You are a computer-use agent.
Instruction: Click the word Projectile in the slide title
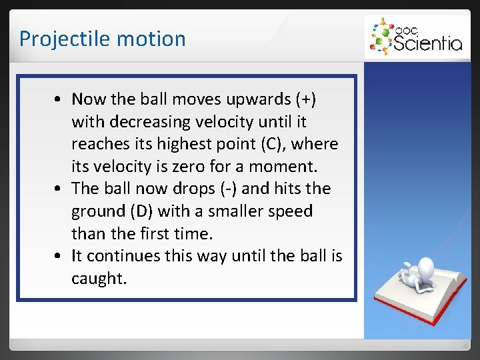56,39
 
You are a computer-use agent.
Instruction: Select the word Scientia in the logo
428,43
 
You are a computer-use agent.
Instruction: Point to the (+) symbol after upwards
305,99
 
